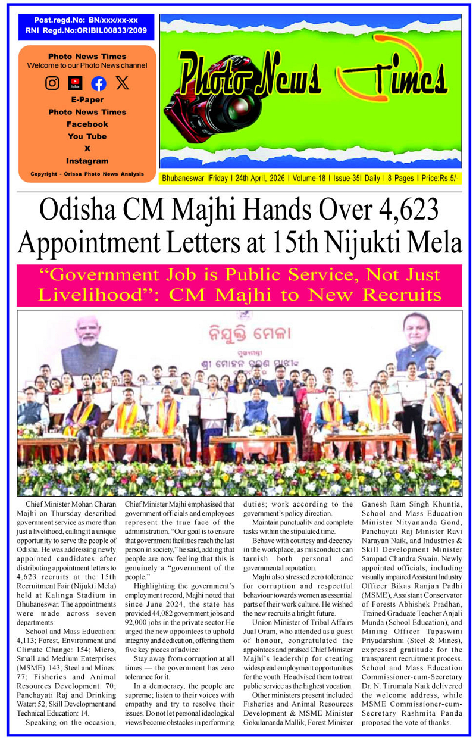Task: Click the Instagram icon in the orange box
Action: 52,83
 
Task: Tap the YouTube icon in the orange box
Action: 75,83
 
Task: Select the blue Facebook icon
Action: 98,83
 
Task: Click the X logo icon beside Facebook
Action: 122,83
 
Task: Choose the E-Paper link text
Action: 87,100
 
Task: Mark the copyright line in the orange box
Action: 87,174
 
